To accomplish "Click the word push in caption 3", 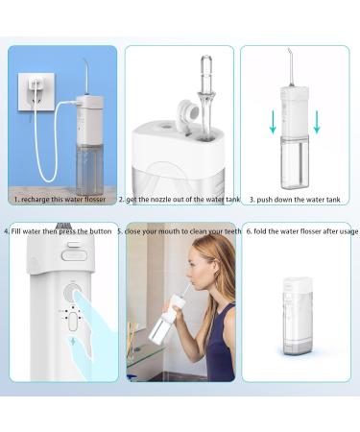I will (x=266, y=201).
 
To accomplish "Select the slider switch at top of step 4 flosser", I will (x=71, y=254).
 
